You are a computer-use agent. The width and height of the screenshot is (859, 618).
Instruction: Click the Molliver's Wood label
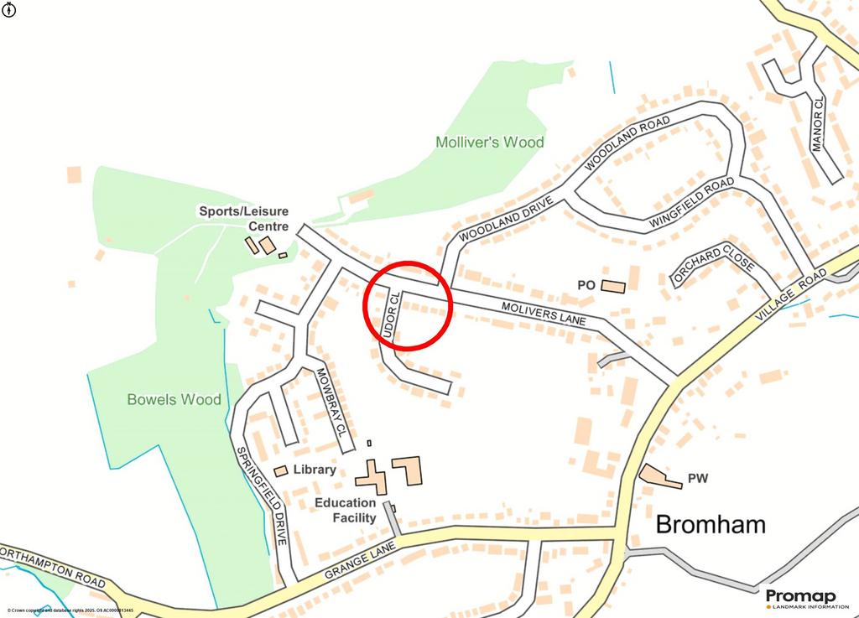coord(490,143)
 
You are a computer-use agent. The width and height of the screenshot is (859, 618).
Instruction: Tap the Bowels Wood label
coord(174,399)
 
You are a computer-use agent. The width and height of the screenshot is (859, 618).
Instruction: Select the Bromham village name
coord(710,525)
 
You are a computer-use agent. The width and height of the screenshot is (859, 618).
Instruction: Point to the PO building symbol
coord(613,287)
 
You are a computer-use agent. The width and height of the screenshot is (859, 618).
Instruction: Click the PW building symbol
coord(660,476)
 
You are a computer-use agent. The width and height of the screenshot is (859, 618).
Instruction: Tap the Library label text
coord(315,470)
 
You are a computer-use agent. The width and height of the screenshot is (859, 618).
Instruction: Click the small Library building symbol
coord(281,471)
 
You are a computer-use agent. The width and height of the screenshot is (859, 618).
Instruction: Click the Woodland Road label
coord(627,144)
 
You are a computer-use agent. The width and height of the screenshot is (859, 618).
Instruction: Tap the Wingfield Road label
coord(685,204)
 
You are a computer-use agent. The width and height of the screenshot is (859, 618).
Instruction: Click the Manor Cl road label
coord(818,123)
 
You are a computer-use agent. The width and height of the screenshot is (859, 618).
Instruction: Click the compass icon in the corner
coord(8,9)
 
